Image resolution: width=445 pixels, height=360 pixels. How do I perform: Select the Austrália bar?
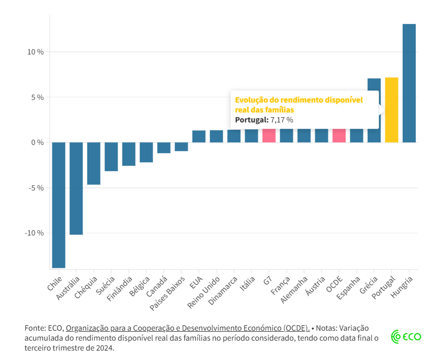pos(76,188)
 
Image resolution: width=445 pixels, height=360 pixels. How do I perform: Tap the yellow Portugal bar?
pos(392,110)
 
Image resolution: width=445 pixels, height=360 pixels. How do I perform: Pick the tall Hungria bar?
pos(409,84)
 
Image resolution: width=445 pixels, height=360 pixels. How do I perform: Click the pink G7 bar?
pos(269,136)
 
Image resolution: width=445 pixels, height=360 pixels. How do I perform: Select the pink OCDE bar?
pos(339,136)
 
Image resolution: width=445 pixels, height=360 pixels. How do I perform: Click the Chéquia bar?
pos(94,163)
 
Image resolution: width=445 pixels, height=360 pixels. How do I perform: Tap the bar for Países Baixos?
pos(181,147)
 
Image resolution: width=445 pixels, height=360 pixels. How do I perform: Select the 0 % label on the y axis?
pos(37,142)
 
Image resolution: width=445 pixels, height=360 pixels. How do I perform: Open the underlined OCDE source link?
pos(188,328)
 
